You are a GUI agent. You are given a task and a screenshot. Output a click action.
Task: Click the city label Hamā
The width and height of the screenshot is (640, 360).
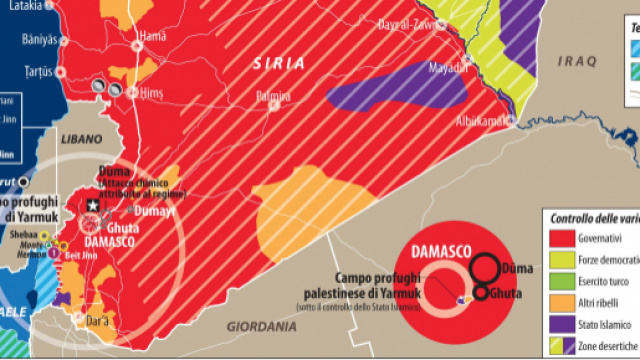pyautogui.click(x=152, y=36)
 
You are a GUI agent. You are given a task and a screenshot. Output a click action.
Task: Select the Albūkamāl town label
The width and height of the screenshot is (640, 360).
pyautogui.click(x=483, y=120)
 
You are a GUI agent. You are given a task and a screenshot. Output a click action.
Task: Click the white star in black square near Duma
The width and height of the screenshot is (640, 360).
pyautogui.click(x=93, y=205)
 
